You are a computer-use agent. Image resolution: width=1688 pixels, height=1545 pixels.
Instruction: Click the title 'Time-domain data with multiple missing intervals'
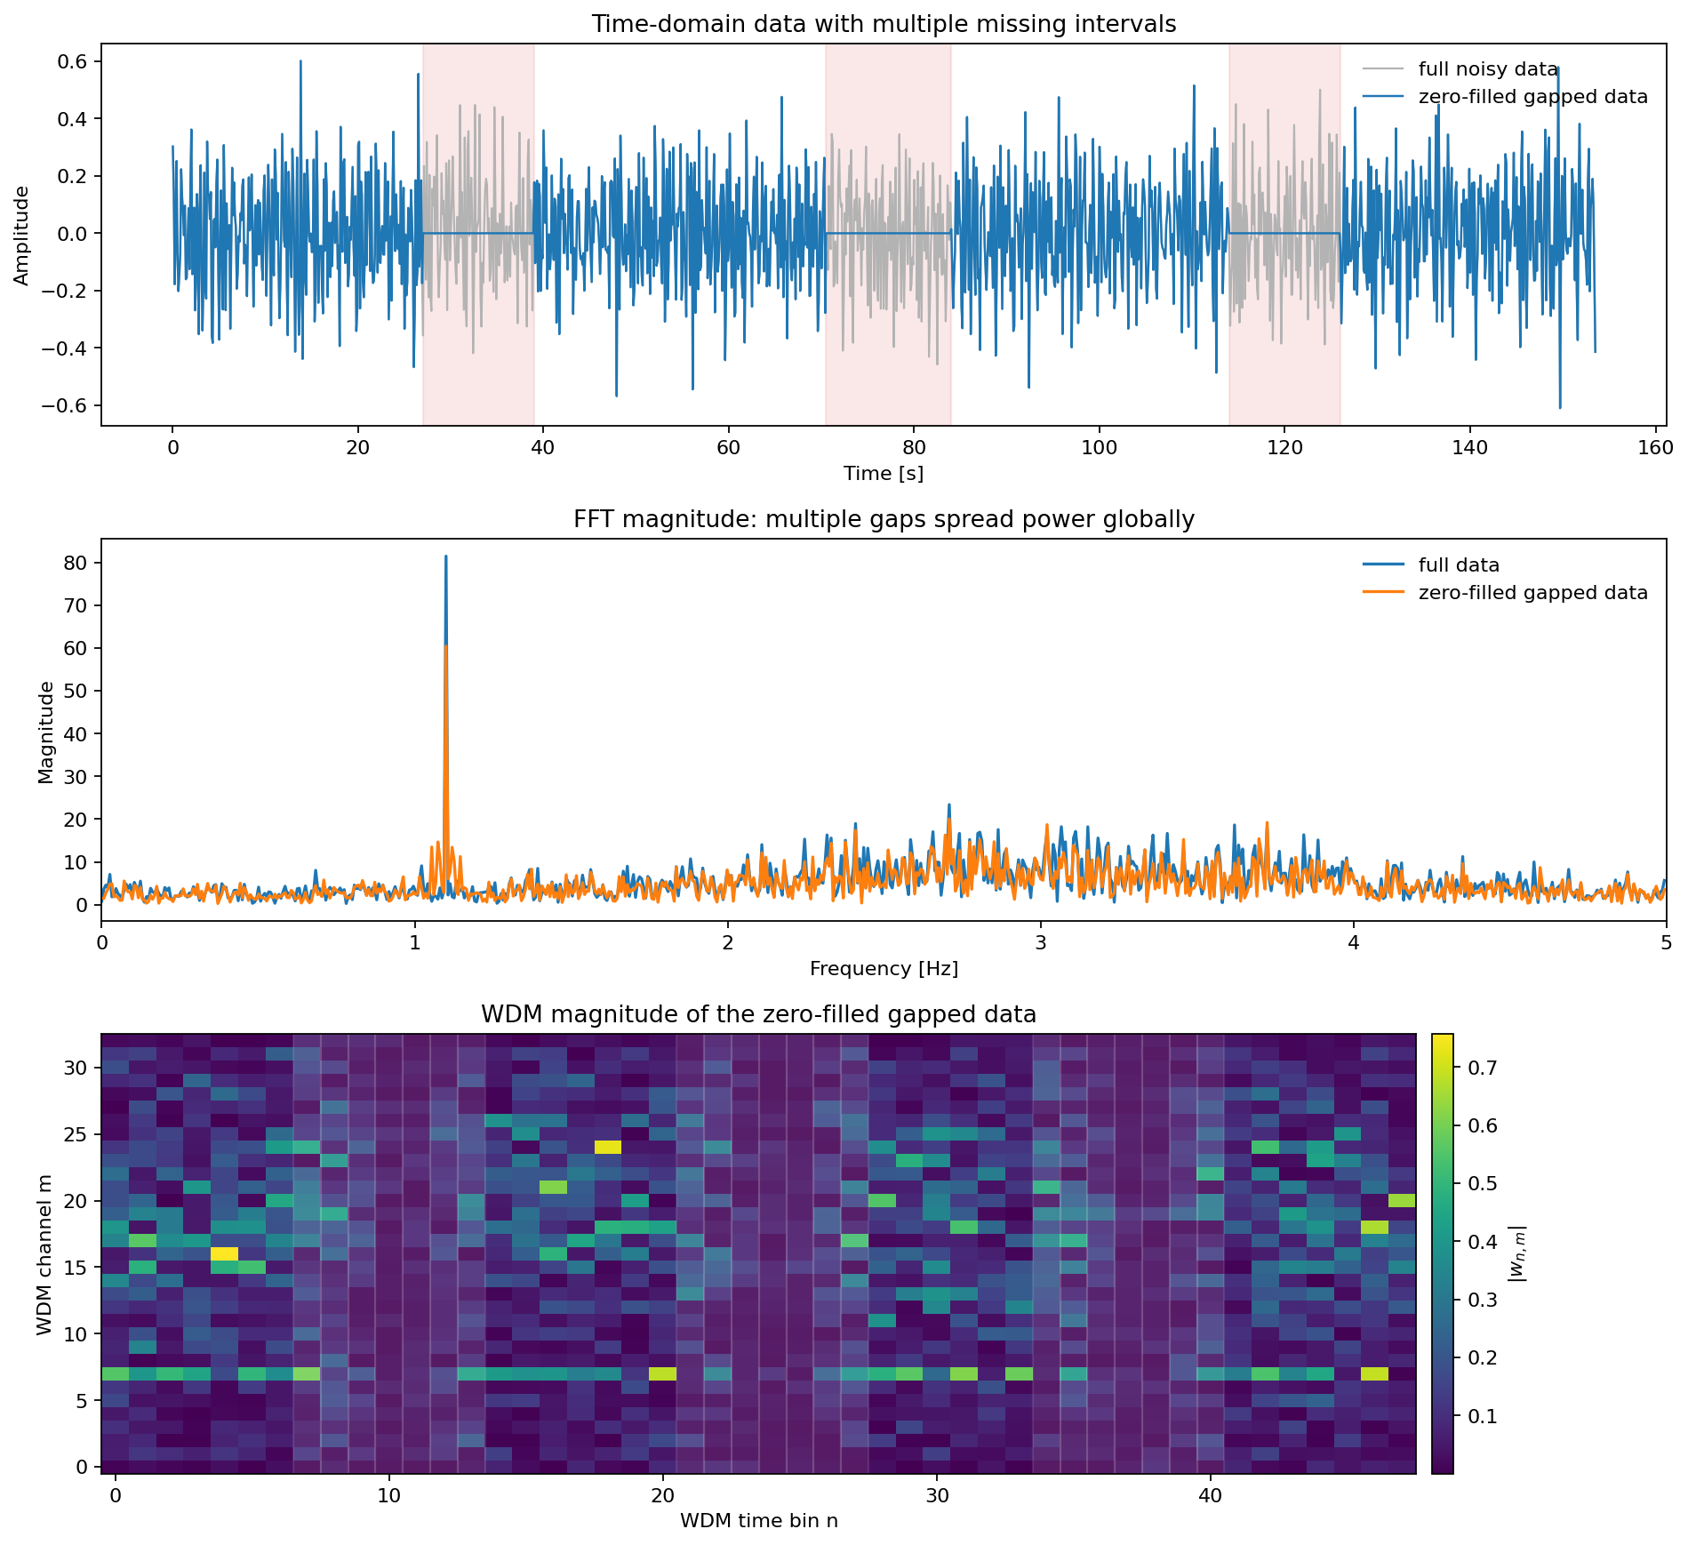pos(884,24)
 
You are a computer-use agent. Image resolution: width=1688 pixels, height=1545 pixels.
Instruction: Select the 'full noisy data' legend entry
pos(1488,69)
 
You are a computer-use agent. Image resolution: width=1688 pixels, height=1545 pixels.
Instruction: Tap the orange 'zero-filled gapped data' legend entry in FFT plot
pos(1532,592)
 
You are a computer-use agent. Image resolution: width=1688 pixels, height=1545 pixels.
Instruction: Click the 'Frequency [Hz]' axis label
pos(884,969)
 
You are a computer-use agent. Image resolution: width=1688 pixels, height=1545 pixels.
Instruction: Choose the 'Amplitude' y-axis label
pos(21,235)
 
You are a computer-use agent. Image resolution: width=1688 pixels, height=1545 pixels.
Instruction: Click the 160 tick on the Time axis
pos(1655,448)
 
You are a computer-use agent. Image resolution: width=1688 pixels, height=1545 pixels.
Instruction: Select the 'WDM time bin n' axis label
pos(758,1521)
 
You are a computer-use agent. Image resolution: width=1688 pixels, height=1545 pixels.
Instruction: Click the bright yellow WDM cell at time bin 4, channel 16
pos(224,1253)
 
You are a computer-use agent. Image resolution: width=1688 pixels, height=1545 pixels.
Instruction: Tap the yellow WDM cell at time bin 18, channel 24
pos(608,1147)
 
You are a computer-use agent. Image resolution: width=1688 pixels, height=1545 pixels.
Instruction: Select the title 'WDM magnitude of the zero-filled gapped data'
pos(758,1014)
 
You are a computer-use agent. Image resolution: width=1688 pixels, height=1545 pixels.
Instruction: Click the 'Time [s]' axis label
pos(884,474)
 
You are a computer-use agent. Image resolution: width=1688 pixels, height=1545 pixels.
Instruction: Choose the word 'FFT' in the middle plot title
pos(593,519)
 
